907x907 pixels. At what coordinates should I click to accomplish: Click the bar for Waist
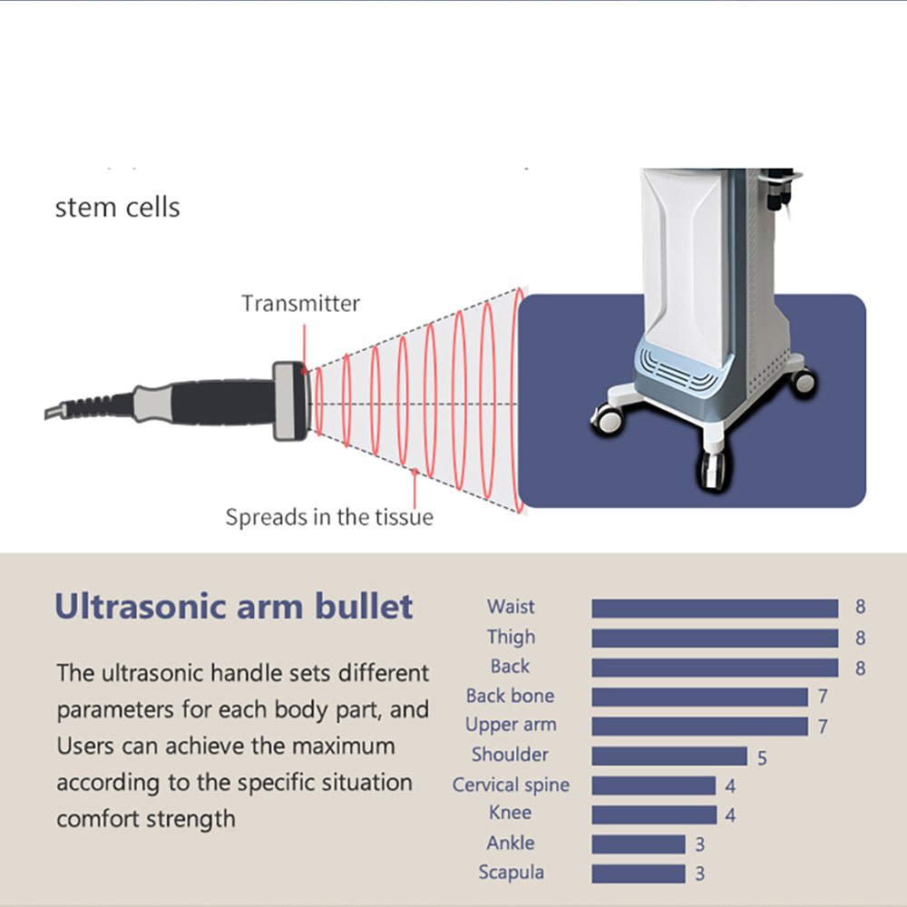[x=715, y=609]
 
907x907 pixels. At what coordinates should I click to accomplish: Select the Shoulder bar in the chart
[x=669, y=756]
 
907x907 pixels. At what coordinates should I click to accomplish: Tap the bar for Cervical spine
[x=654, y=785]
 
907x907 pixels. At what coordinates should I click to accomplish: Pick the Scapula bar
[x=639, y=873]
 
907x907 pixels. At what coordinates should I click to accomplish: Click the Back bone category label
[x=510, y=697]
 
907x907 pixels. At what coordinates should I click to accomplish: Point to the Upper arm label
[x=511, y=726]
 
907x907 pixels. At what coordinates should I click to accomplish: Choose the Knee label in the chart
[x=510, y=813]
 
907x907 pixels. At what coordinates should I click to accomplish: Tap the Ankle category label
[x=510, y=844]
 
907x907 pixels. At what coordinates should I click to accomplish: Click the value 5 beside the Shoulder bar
[x=762, y=757]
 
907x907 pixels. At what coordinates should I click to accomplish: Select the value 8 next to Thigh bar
[x=860, y=639]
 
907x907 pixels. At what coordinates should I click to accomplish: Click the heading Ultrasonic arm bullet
[x=234, y=607]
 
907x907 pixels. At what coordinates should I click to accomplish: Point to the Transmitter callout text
[x=300, y=304]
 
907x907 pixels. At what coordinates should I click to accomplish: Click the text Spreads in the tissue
[x=329, y=518]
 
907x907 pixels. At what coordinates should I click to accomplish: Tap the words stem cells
[x=118, y=208]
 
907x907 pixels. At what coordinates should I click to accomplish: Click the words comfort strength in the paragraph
[x=146, y=819]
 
